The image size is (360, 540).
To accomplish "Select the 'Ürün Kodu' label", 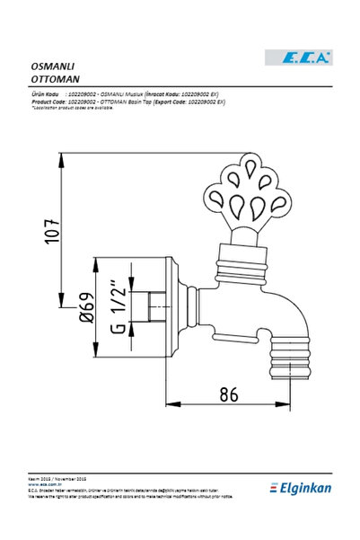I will coord(45,93).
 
